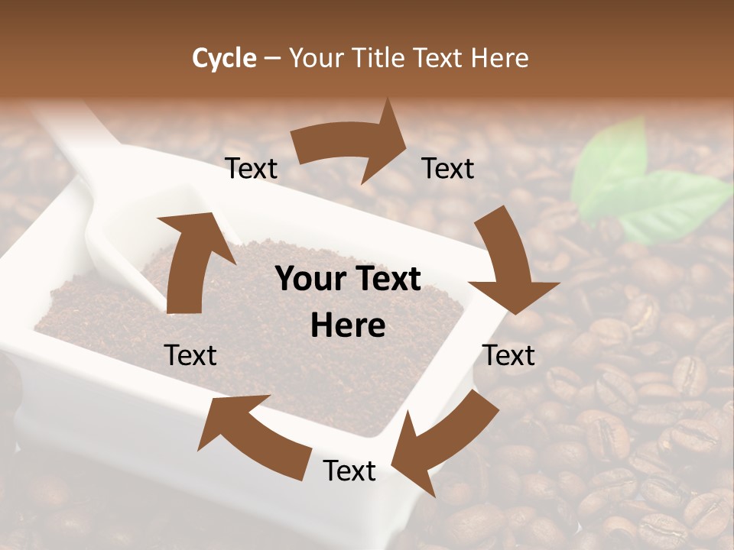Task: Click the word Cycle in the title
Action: click(224, 58)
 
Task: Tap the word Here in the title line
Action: click(499, 58)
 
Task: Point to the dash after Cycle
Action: click(272, 58)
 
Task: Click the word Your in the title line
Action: click(316, 58)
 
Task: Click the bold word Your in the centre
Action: click(310, 280)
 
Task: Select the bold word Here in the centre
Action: click(348, 326)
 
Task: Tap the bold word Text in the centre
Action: click(386, 280)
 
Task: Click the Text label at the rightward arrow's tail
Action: click(252, 169)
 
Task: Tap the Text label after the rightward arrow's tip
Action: click(448, 169)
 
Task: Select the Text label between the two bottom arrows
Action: click(349, 471)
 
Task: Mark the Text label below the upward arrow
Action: click(190, 355)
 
